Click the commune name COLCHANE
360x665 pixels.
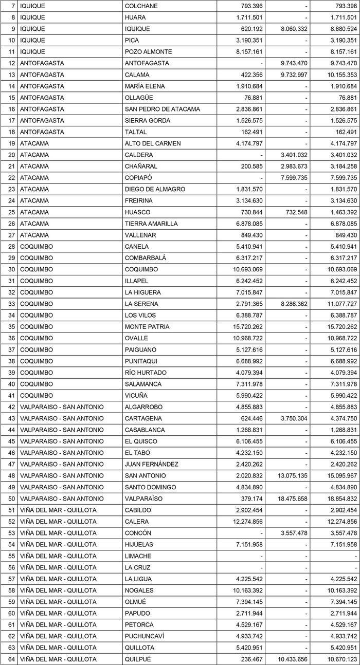[141, 6]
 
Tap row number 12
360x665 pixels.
[12, 63]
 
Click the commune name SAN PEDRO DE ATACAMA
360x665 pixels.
[162, 109]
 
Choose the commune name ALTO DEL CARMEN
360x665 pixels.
[153, 143]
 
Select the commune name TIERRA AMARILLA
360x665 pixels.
[151, 224]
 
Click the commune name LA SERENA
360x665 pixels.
[141, 304]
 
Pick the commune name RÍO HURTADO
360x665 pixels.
[146, 373]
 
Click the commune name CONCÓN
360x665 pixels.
[138, 533]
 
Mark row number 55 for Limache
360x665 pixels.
[12, 556]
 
